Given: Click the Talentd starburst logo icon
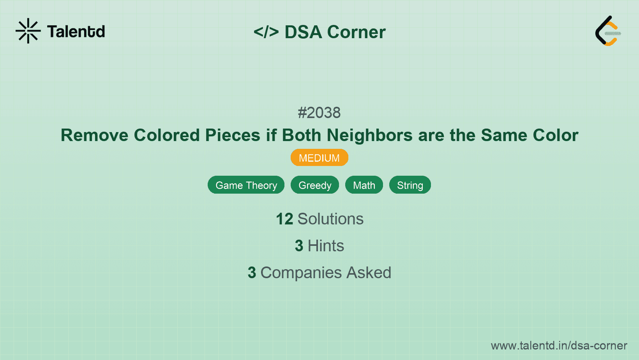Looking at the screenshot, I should (28, 31).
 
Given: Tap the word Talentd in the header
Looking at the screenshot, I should (76, 32).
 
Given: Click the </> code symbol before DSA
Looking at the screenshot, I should (266, 32).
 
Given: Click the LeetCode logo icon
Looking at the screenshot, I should (608, 31).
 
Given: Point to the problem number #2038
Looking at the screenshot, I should (319, 113).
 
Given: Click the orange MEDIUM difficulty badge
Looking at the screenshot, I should (319, 158).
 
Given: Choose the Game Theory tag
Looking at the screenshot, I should (246, 185).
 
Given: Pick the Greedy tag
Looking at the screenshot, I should (315, 185).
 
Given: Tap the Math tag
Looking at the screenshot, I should (364, 185).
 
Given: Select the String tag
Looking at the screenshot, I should (410, 185).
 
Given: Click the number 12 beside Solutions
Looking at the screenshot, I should (284, 219).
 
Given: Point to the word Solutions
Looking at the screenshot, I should (330, 219).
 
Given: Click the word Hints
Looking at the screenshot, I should (326, 246).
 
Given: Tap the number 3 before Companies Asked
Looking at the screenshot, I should (252, 273).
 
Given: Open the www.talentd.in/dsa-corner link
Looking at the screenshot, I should (559, 346).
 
